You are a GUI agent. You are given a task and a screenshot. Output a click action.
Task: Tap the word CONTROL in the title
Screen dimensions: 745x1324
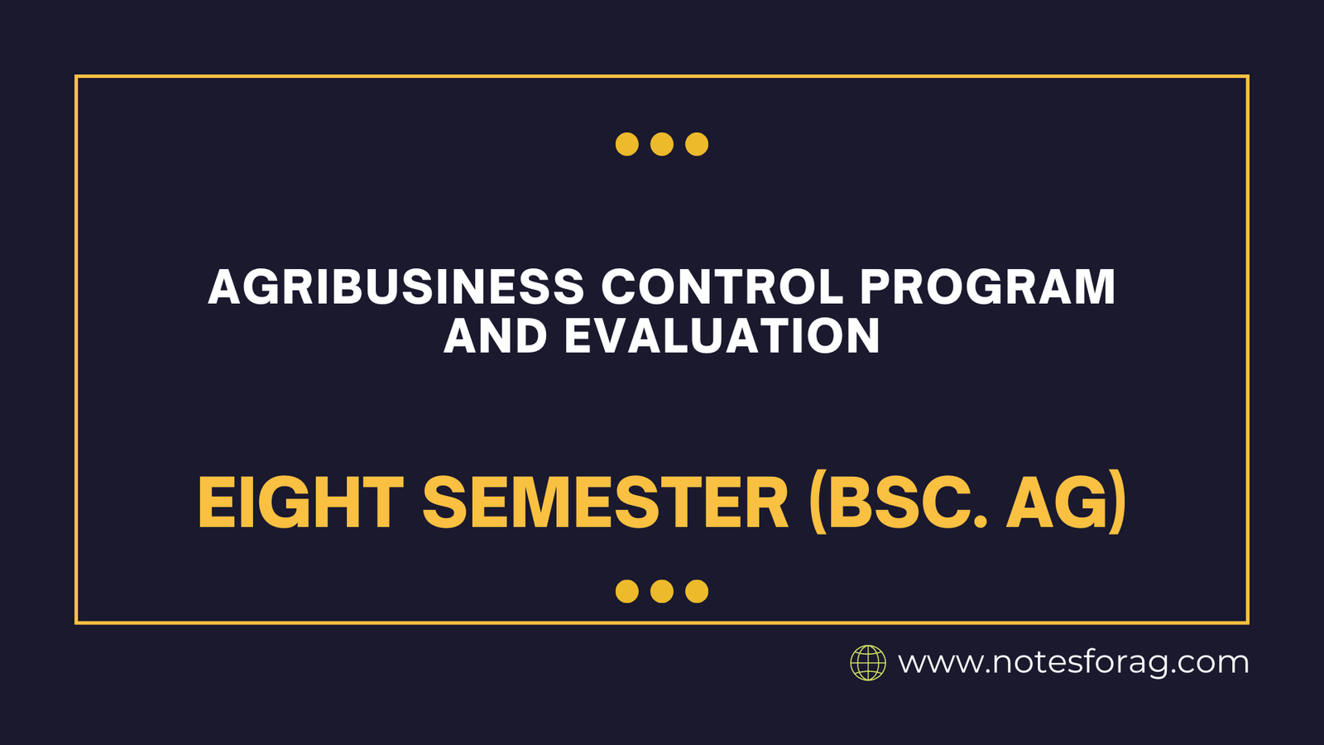click(x=722, y=287)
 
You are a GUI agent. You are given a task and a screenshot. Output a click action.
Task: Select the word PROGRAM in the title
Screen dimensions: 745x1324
click(x=987, y=287)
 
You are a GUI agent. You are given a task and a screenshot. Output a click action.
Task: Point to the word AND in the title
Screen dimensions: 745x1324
click(x=495, y=337)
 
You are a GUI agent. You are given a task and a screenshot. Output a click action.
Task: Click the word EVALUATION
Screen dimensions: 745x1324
click(x=722, y=337)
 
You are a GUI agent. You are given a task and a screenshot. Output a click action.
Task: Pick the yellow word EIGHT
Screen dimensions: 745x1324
click(x=300, y=503)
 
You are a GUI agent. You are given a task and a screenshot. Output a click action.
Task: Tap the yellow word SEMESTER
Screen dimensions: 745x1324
click(x=605, y=503)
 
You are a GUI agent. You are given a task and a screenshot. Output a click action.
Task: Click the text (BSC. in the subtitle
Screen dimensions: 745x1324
click(x=898, y=503)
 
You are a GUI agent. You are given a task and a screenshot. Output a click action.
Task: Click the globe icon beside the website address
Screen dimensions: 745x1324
click(x=868, y=663)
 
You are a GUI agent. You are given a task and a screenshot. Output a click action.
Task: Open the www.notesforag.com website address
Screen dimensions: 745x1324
click(x=1073, y=663)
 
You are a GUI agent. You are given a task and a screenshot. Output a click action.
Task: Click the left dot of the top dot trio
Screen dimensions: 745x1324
click(x=627, y=144)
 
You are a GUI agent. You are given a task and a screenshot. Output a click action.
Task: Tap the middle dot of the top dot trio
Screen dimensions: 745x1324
click(x=662, y=144)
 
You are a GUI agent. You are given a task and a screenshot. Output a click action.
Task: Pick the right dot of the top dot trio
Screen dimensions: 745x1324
click(x=697, y=144)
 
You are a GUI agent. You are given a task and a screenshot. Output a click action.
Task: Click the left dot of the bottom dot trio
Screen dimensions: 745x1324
click(x=627, y=591)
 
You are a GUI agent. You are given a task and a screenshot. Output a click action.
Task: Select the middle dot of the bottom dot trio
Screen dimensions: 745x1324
click(x=662, y=591)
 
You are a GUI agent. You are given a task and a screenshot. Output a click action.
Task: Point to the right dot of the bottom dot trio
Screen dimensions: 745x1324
click(x=697, y=591)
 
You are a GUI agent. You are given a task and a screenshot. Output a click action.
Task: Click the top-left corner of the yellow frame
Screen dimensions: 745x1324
click(x=76, y=77)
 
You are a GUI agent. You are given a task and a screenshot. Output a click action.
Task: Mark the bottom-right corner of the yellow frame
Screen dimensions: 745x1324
click(x=1247, y=622)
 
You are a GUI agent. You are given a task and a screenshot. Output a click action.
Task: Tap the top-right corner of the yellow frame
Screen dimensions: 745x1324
click(x=1247, y=77)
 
